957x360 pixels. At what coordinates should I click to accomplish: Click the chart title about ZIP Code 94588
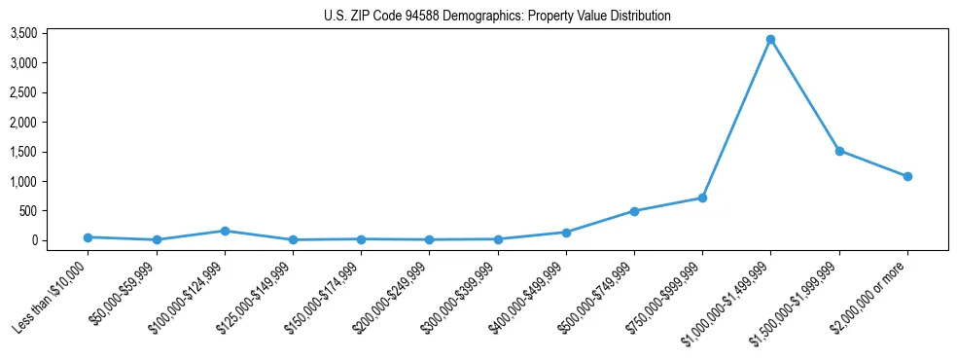497,16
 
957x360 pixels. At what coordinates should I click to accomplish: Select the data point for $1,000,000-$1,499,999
770,40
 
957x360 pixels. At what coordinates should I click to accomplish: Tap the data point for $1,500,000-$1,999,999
838,151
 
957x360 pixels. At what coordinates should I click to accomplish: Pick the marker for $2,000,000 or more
906,176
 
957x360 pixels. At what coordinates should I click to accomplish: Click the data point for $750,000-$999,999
702,198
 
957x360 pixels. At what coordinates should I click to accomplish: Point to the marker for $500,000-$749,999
634,211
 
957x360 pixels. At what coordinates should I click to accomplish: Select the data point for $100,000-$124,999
225,231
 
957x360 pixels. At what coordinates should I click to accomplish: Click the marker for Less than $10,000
89,237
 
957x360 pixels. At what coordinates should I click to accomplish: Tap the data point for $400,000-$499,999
566,233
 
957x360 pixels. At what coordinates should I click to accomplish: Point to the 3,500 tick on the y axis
51,34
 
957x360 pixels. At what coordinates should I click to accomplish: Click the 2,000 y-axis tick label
51,123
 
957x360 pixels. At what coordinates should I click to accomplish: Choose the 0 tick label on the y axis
61,240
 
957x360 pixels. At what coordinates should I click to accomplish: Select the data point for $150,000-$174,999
361,239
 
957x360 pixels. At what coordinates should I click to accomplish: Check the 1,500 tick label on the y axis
51,152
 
